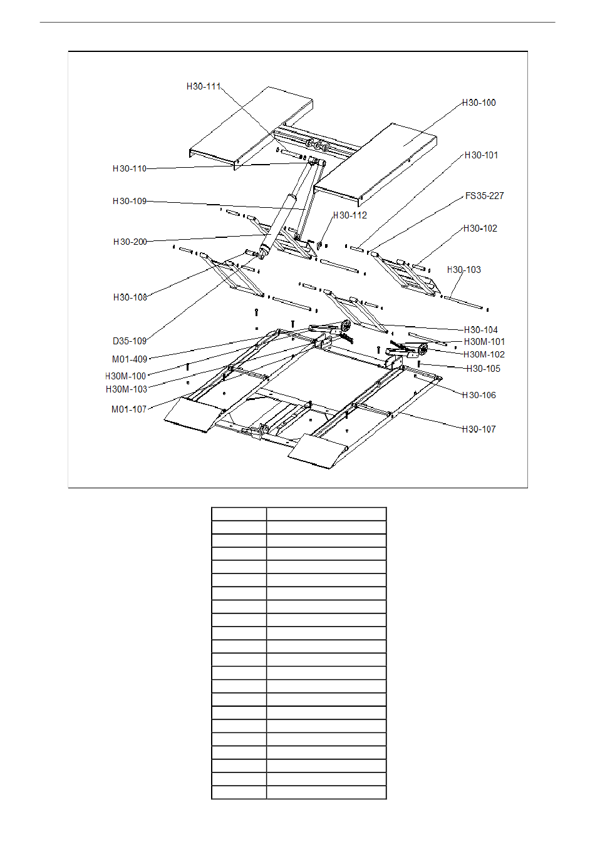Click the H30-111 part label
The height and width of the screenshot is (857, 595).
tap(204, 86)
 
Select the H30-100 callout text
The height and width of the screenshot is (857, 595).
tap(479, 103)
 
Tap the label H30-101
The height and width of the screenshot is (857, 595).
tap(482, 155)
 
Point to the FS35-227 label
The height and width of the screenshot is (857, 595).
tap(485, 196)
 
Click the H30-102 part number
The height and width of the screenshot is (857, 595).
tap(480, 228)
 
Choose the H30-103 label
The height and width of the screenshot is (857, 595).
tap(464, 270)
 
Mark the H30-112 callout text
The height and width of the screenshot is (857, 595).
tap(350, 215)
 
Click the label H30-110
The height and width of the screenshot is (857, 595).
tap(130, 168)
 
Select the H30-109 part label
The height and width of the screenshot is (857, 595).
tap(130, 201)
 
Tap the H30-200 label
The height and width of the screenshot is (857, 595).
tap(130, 242)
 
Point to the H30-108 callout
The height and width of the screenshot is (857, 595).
tap(130, 297)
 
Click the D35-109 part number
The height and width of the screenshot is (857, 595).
tap(130, 341)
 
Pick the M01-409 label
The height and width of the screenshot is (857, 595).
tap(130, 359)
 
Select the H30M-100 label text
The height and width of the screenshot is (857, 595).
tap(126, 376)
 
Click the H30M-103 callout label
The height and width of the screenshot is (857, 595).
tap(127, 389)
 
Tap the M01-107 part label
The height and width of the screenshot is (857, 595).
tap(129, 409)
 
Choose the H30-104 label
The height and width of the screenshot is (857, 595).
tap(481, 330)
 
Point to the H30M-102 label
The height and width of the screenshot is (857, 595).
tap(484, 354)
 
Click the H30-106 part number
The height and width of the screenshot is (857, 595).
tap(479, 395)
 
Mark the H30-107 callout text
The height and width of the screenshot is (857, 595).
tap(479, 429)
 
